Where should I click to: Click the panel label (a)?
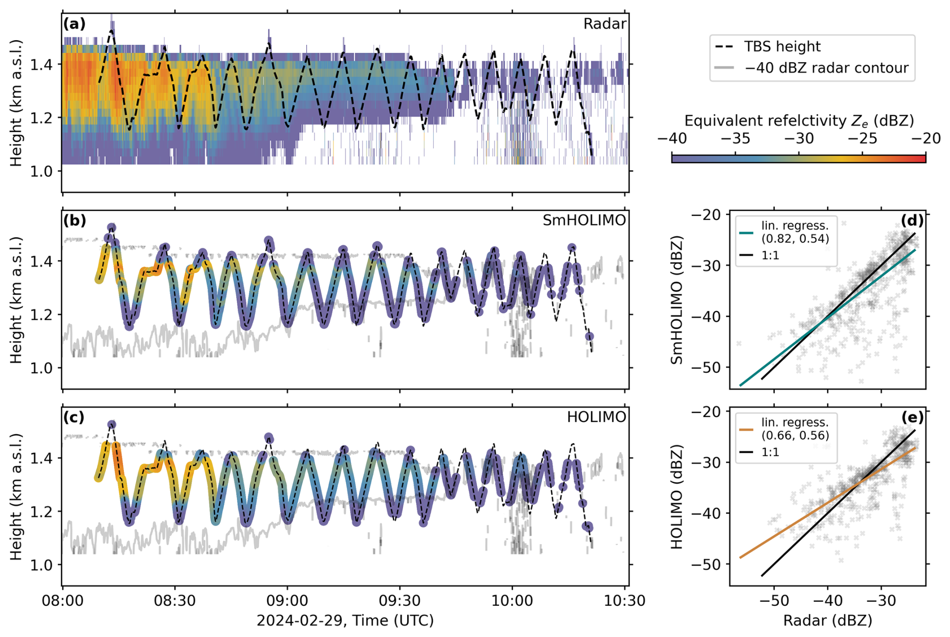(74, 24)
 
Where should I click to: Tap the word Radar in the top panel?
(605, 24)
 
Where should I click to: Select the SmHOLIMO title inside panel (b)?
(584, 221)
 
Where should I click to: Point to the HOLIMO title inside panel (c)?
(596, 417)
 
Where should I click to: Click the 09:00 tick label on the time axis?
(288, 601)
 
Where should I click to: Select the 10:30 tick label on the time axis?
(625, 601)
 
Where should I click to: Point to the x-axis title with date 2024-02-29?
(345, 621)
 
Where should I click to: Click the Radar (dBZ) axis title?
(827, 621)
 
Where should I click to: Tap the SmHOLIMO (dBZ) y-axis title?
(677, 300)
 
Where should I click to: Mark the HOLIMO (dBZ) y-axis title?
(677, 497)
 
